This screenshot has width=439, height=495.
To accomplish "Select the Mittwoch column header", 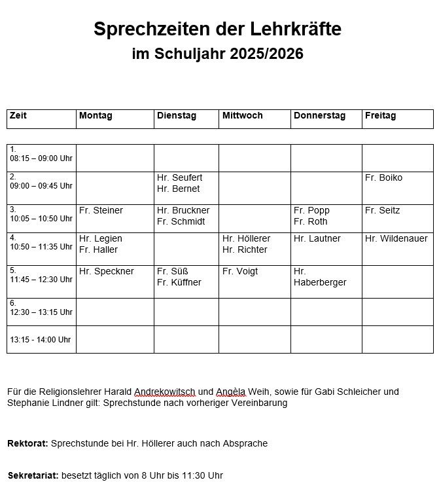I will [242, 116].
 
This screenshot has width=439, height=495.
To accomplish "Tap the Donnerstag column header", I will [319, 116].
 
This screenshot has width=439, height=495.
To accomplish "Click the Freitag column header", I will [380, 116].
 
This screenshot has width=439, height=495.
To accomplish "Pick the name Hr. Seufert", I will [179, 178].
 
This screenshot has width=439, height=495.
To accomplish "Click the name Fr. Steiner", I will [101, 211].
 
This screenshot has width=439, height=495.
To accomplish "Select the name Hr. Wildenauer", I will [395, 239].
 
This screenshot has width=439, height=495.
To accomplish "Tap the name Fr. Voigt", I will [240, 272].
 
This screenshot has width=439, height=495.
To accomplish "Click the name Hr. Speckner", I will [106, 272].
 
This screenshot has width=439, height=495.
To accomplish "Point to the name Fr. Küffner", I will [179, 283].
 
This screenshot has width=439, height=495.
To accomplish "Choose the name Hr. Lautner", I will [317, 239].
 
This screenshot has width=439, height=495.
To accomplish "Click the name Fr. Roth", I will [310, 222].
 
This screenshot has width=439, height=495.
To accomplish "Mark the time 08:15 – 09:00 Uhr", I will [41, 158].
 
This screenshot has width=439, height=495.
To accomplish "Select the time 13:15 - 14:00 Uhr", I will [40, 340].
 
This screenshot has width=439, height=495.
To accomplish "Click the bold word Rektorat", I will [27, 444].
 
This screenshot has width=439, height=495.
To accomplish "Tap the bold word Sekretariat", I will [33, 475].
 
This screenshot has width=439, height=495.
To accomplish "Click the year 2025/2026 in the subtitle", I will [266, 54].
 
